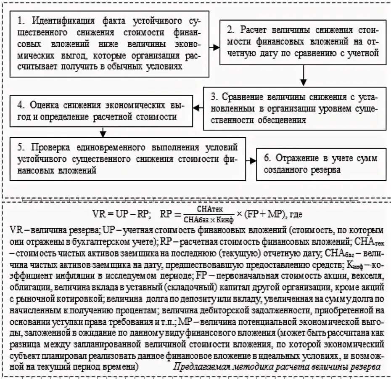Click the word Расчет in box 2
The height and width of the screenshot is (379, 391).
[257, 30]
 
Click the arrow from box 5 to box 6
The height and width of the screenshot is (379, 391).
[250, 160]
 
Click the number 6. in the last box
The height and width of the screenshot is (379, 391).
[267, 158]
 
